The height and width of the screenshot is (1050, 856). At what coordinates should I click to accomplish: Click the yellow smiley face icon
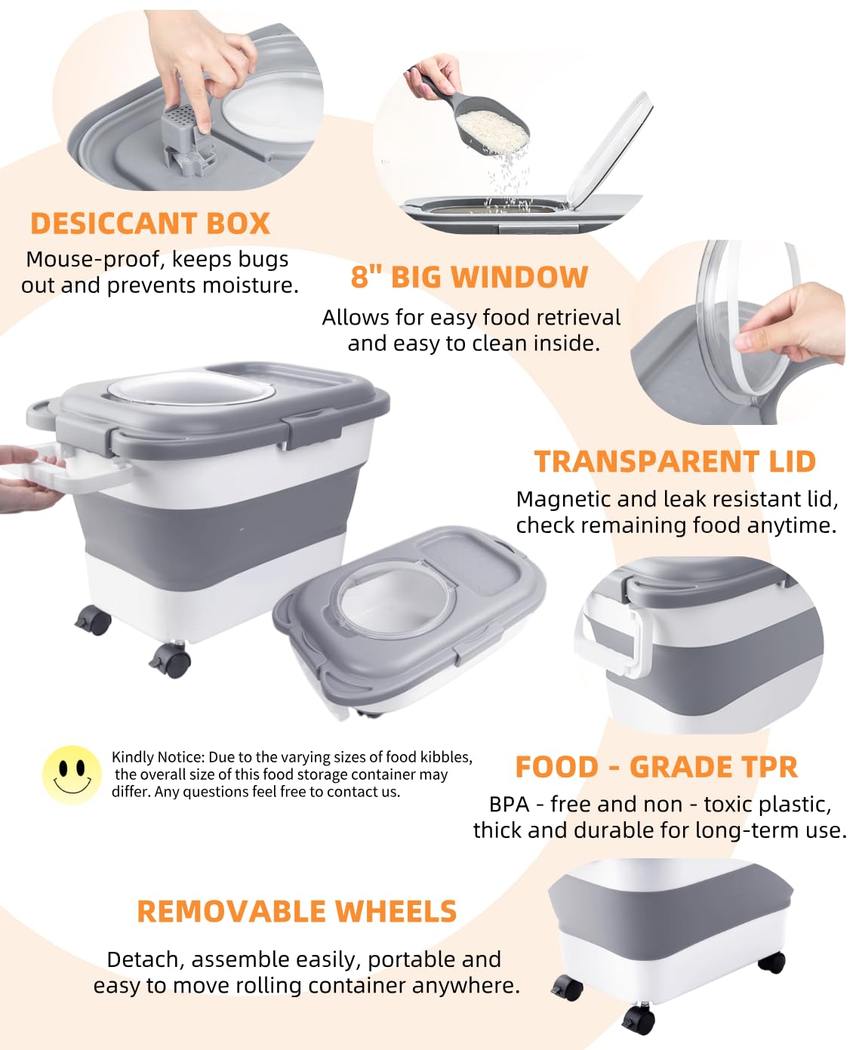coord(72,774)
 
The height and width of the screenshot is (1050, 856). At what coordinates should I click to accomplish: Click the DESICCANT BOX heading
coord(150,223)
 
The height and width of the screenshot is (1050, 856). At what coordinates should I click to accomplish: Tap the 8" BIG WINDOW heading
coord(469,277)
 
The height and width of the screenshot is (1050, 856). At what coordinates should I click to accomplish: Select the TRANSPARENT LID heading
coord(675,461)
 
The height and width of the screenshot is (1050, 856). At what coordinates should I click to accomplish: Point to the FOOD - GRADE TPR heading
coord(656,767)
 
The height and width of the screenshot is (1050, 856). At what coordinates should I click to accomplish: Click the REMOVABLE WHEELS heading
coord(297,911)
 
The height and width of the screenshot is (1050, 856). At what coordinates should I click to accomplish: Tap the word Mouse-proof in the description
coord(94,259)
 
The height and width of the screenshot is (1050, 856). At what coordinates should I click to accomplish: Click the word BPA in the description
coord(509,804)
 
